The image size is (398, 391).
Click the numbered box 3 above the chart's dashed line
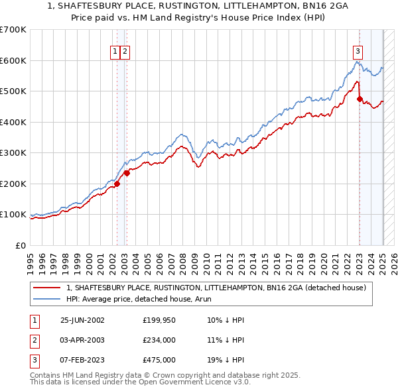(358, 50)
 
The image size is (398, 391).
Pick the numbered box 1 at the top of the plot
(115, 50)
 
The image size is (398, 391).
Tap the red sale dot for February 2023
(360, 99)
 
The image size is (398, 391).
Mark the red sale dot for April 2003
(127, 173)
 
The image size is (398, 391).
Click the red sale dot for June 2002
(117, 184)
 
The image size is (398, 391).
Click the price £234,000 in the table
(159, 340)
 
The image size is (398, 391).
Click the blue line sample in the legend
(47, 299)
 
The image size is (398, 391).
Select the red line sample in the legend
(47, 288)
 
